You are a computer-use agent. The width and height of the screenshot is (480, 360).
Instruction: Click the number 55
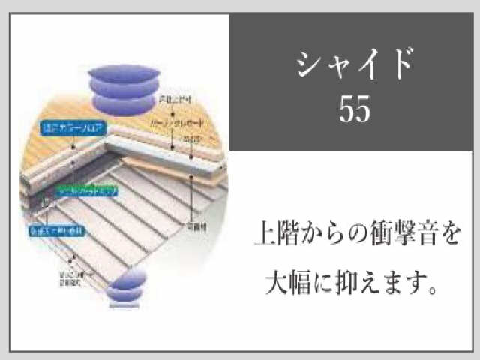pyautogui.click(x=355, y=109)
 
